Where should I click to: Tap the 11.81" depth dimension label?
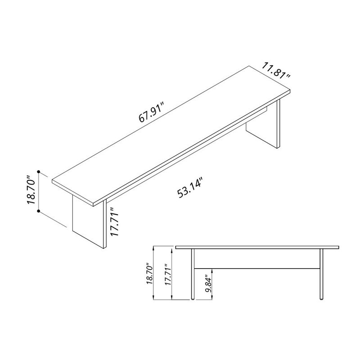276,72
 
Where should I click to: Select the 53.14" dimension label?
191,189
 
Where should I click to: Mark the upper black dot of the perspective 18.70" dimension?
40,172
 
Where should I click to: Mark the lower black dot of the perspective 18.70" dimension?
40,210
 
